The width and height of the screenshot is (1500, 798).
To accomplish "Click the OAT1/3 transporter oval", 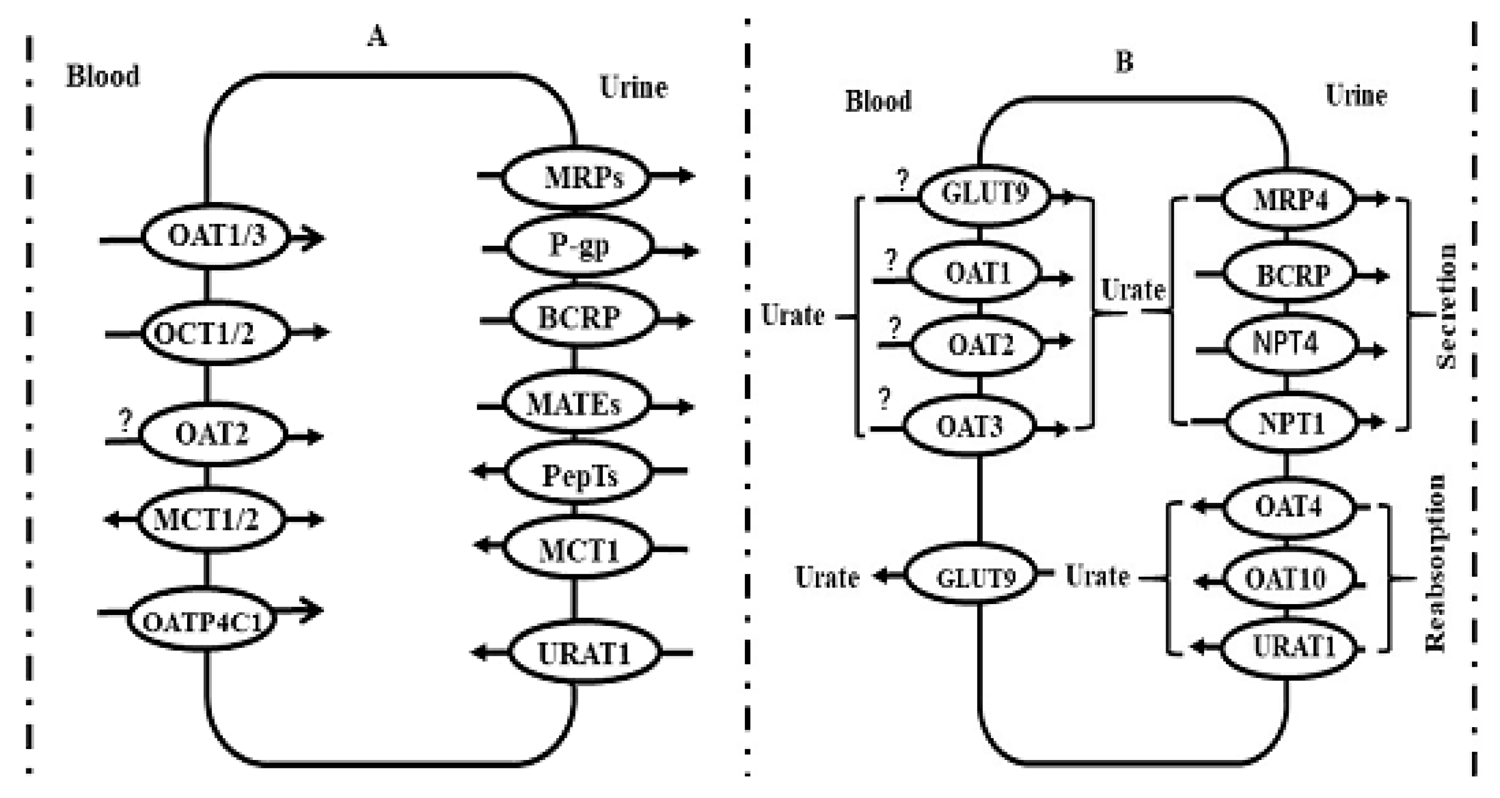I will [216, 236].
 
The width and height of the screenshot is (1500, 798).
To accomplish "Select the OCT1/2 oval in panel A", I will [216, 333].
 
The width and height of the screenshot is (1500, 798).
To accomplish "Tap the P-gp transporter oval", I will [579, 246].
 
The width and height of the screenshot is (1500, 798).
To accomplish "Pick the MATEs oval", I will [575, 404].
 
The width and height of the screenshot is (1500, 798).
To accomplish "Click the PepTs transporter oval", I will [578, 475].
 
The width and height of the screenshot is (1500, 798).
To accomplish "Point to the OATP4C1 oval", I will [201, 622].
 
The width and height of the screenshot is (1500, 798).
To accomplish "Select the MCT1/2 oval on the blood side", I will [211, 519].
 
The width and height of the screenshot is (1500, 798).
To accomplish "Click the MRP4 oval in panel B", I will [1288, 200].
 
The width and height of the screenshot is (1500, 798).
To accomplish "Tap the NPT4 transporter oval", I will [1291, 344].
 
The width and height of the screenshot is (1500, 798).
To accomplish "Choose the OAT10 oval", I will [1288, 578].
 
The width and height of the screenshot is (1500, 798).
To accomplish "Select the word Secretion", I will [1446, 306].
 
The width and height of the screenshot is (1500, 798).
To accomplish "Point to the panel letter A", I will [377, 37].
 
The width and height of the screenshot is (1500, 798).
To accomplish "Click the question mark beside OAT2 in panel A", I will [125, 421].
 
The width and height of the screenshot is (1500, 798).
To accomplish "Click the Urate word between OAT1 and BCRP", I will [1132, 290].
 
